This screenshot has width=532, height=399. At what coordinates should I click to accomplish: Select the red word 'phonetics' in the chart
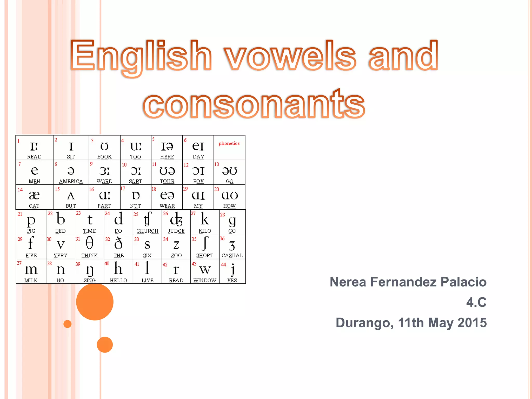click(229, 143)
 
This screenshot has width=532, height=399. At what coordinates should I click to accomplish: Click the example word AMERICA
click(71, 181)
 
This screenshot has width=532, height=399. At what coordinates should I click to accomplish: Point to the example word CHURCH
click(147, 231)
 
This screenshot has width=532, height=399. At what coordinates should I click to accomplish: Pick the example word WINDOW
click(205, 281)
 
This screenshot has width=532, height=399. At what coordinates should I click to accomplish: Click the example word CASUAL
click(232, 256)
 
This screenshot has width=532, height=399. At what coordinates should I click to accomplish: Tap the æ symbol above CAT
click(34, 195)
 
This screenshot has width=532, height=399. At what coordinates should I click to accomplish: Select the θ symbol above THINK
click(89, 243)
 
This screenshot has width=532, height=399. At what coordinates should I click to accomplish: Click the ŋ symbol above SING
click(90, 270)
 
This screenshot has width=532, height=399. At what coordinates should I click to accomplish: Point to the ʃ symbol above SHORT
click(205, 243)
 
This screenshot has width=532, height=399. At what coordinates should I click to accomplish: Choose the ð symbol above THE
click(118, 243)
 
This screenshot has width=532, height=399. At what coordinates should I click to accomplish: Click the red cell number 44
click(223, 265)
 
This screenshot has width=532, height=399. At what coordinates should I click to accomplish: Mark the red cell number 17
click(123, 188)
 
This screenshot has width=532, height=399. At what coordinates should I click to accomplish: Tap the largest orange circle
click(95, 302)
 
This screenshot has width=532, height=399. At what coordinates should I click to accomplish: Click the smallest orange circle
click(68, 324)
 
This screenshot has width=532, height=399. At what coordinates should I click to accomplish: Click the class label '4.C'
click(476, 302)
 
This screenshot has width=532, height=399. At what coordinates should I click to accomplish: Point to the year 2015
click(472, 323)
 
